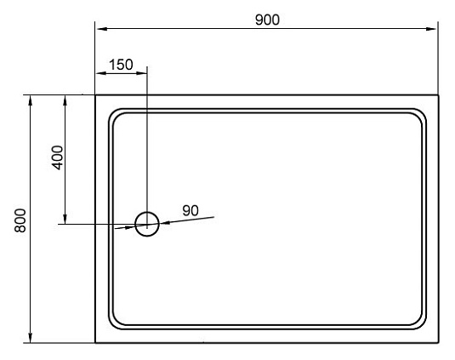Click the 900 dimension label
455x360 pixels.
pyautogui.click(x=267, y=20)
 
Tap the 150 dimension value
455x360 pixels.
pyautogui.click(x=121, y=65)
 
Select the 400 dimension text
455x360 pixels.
pyautogui.click(x=57, y=157)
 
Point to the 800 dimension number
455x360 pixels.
pyautogui.click(x=20, y=220)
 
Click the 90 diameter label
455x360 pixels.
pyautogui.click(x=191, y=210)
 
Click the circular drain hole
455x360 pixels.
pyautogui.click(x=147, y=212)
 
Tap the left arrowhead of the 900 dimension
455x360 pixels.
pyautogui.click(x=101, y=29)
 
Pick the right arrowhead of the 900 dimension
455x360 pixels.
pyautogui.click(x=430, y=29)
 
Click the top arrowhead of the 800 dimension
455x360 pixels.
pyautogui.click(x=30, y=101)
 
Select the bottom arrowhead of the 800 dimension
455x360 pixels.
pyautogui.click(x=30, y=337)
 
